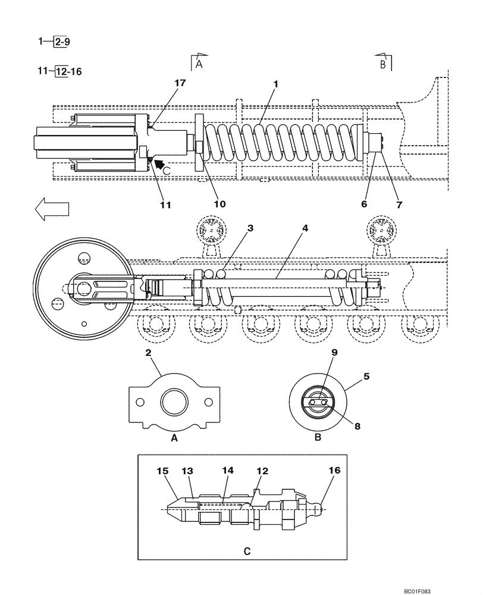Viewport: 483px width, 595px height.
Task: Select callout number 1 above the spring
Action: coord(275,84)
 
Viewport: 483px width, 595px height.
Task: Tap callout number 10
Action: coord(219,204)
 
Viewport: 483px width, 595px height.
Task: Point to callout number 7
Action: coord(399,204)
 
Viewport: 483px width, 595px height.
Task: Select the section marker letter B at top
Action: coord(384,64)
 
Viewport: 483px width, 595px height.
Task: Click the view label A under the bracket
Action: coord(174,437)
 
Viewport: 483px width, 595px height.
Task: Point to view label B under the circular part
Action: coord(318,437)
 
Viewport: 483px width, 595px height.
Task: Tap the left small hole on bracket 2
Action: coord(140,402)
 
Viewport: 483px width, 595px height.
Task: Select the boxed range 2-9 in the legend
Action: coord(61,43)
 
